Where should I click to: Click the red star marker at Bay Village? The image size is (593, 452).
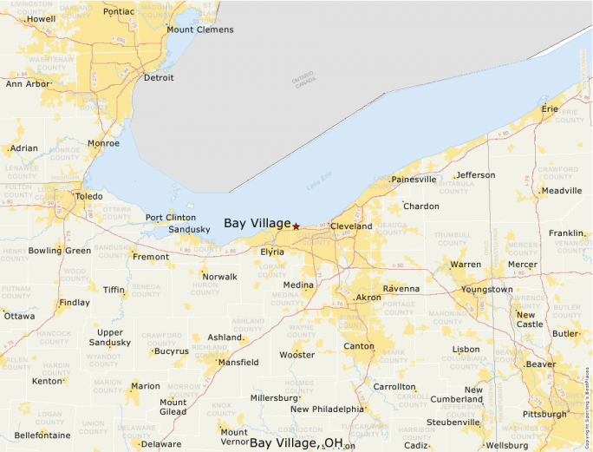(x=296, y=226)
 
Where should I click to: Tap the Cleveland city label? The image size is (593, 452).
(x=351, y=226)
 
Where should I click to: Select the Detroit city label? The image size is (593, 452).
(x=159, y=78)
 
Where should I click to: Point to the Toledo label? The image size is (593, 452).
(x=89, y=197)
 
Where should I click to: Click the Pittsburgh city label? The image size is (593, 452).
(x=544, y=414)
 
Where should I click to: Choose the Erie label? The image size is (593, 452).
(x=550, y=109)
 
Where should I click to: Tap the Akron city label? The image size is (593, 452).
(x=368, y=298)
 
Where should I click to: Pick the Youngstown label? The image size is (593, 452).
(x=487, y=289)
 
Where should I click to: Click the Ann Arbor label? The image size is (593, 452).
(x=27, y=84)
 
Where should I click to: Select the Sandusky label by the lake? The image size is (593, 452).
(x=189, y=230)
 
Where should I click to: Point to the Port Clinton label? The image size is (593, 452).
(x=170, y=218)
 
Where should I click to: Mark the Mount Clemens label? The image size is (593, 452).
(x=200, y=29)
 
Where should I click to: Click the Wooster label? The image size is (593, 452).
(x=297, y=355)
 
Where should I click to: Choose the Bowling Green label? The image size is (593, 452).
(x=60, y=251)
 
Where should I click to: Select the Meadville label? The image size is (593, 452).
(x=560, y=191)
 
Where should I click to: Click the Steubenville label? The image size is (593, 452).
(x=453, y=423)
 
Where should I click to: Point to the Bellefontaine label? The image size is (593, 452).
(x=41, y=434)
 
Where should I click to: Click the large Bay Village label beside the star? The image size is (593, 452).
(x=257, y=223)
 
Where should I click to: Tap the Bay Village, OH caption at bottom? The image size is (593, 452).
(x=296, y=443)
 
